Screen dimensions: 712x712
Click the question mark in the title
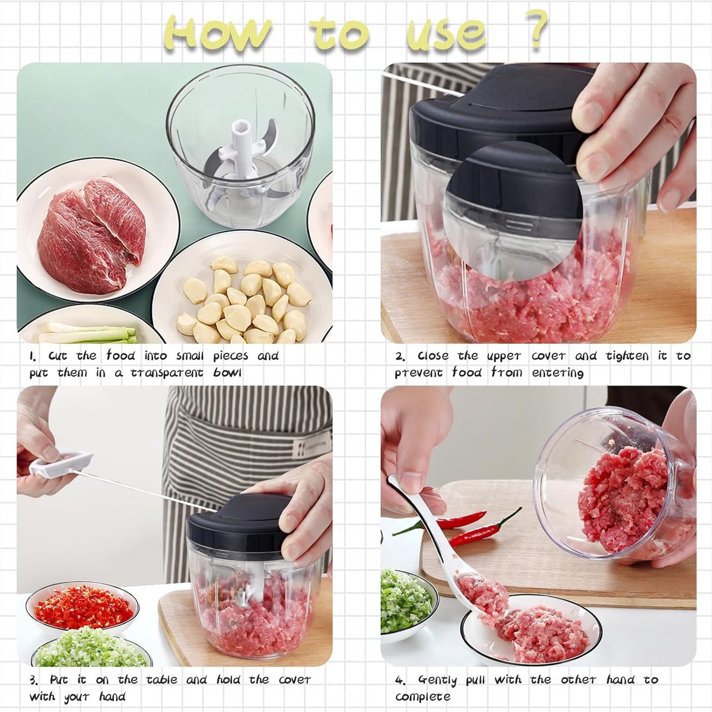tap(536, 29)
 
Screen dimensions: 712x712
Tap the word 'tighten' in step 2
tap(627, 356)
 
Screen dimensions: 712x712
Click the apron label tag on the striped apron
tap(311, 447)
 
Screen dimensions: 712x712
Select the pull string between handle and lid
tap(144, 491)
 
